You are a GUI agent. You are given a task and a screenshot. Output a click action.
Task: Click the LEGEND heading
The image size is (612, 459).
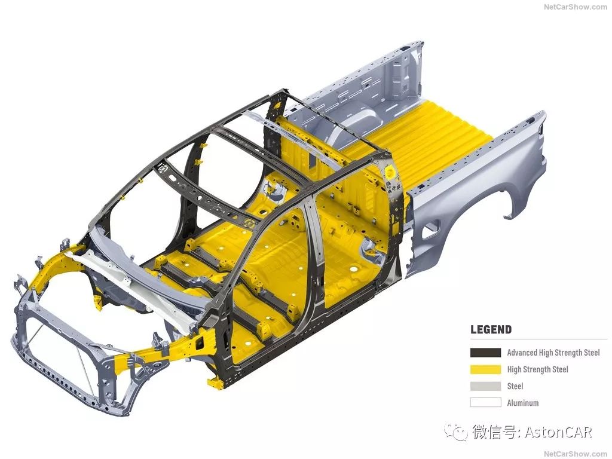pos(491,329)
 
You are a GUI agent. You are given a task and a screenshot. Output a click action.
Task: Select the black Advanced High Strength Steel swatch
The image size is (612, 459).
pos(485,353)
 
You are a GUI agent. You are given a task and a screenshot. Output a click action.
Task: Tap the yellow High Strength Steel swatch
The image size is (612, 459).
pos(485,369)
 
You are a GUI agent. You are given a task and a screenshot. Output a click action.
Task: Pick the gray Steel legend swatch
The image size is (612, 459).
pos(485,386)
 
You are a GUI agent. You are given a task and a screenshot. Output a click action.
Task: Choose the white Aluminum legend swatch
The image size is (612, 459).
pos(485,402)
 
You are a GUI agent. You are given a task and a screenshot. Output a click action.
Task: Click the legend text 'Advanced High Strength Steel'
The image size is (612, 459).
pos(553,353)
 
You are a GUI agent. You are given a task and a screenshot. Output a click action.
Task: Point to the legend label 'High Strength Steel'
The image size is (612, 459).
pos(537,369)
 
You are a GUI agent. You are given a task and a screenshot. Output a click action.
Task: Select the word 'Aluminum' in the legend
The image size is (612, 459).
pos(522,403)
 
